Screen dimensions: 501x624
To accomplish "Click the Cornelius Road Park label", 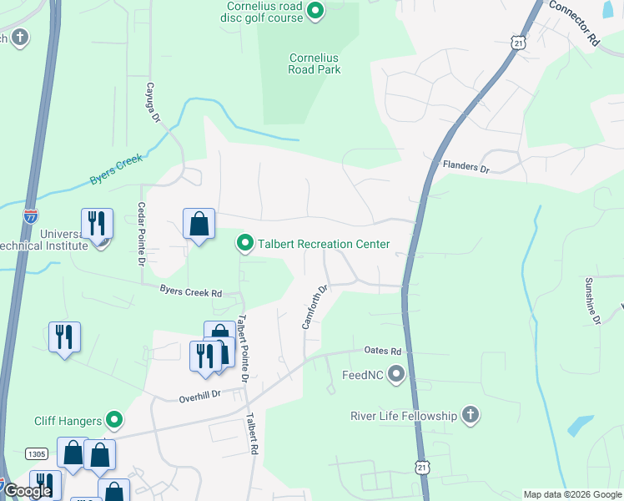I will pos(315,63).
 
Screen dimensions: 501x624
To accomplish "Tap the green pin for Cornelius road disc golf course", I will pos(315,11).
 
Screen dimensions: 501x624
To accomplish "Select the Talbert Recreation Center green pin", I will pos(245,243).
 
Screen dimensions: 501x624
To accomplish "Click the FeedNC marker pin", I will pos(396,374).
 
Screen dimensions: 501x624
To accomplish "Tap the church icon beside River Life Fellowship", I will pos(471,416).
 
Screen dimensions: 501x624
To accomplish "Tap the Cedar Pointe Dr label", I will pos(141,235).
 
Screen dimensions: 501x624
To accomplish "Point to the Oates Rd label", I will pos(383,352).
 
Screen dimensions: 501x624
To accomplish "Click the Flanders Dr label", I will pos(465,167).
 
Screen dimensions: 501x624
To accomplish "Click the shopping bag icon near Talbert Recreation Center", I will pos(199,224).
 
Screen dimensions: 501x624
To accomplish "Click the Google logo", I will pos(28,491).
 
